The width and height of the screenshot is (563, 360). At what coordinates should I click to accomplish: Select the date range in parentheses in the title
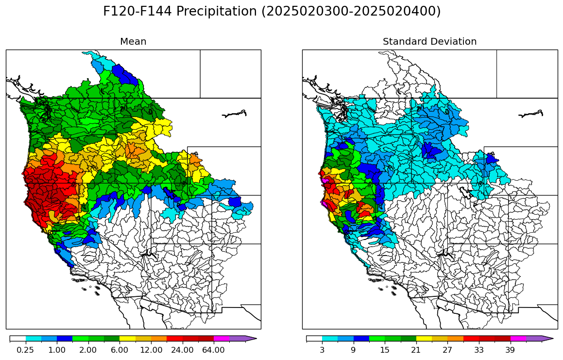[351, 12]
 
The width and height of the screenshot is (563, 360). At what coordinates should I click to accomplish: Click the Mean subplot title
[133, 42]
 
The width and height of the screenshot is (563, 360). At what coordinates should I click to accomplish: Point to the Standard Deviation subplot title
[429, 42]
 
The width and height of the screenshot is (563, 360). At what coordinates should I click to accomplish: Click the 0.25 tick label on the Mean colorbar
[25, 350]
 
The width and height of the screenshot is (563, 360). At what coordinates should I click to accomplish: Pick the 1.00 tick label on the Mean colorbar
[57, 350]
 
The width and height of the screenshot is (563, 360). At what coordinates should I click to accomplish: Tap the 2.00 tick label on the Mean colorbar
[88, 350]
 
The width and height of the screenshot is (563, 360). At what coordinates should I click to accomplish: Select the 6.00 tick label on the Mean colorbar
[119, 350]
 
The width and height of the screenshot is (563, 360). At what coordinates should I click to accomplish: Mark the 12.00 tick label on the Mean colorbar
[151, 350]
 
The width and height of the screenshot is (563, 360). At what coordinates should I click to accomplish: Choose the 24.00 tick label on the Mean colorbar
[182, 350]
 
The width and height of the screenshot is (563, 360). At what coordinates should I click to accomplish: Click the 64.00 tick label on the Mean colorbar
[213, 350]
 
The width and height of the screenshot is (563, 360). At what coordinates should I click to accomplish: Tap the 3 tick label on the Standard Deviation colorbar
[322, 350]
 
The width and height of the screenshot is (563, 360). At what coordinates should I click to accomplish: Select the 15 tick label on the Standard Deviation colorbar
[385, 350]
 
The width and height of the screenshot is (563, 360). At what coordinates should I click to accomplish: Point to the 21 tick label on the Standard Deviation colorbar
[416, 350]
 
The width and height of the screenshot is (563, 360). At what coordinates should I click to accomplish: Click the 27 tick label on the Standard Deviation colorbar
[447, 350]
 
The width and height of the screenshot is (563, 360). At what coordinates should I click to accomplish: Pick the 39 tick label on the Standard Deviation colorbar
[510, 350]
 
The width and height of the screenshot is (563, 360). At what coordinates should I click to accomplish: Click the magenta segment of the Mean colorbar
[221, 339]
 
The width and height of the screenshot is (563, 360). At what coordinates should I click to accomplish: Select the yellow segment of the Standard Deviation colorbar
[424, 339]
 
